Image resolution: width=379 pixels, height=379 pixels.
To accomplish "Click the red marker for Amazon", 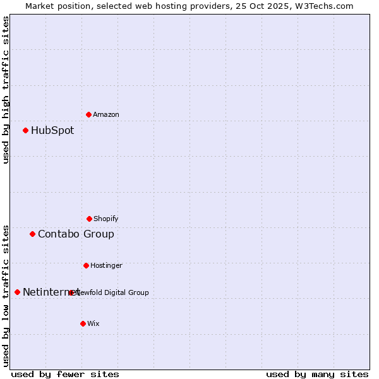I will [88, 114].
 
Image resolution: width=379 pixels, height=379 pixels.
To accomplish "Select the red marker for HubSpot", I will [25, 131].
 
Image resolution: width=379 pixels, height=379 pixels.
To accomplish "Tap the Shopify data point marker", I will [89, 219].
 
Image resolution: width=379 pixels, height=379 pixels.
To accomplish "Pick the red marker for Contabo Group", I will [32, 234].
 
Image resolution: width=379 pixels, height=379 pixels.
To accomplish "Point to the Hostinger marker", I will [86, 265].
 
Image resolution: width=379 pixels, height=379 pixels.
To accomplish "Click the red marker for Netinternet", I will [17, 292].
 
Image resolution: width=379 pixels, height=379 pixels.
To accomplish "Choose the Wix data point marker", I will [83, 323].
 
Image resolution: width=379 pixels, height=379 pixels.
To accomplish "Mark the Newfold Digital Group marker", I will [71, 292].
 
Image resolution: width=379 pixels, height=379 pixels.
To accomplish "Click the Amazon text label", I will [106, 114].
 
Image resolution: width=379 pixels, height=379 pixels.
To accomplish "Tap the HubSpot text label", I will [52, 131].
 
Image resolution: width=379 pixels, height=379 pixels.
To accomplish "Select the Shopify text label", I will [106, 219].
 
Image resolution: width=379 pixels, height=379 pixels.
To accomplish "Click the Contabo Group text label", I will [76, 234].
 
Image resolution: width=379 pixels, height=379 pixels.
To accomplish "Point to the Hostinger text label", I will [106, 265].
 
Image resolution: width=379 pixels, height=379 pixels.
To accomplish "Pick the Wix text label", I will [93, 323].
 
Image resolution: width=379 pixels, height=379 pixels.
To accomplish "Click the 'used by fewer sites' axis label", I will [65, 374].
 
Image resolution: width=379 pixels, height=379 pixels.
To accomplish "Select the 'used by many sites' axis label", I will [317, 374].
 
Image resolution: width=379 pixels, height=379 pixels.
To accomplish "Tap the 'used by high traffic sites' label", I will [6, 90].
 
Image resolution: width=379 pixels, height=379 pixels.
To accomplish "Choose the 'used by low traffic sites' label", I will [6, 295].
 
